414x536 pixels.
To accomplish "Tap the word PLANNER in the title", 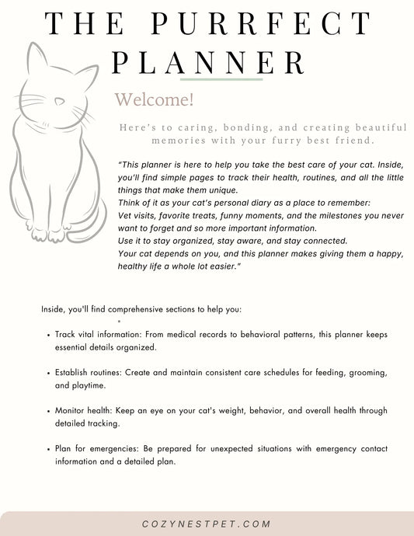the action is click(207, 60).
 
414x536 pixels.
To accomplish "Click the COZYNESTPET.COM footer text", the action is click(207, 524).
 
